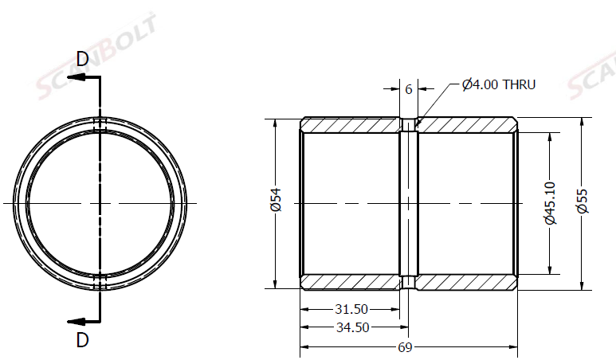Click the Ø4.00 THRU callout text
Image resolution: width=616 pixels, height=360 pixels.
click(499, 84)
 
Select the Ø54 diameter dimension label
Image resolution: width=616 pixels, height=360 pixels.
click(277, 200)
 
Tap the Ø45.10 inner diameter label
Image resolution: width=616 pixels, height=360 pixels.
click(551, 203)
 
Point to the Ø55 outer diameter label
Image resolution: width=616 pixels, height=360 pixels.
click(583, 201)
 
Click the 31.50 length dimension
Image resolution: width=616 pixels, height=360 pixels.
click(351, 309)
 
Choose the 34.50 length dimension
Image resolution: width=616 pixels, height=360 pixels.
click(352, 327)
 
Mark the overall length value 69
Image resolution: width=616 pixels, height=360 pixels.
click(405, 347)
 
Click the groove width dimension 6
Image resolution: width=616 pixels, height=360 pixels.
click(409, 89)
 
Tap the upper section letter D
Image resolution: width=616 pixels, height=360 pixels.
click(83, 59)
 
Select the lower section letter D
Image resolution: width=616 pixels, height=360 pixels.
click(83, 340)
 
